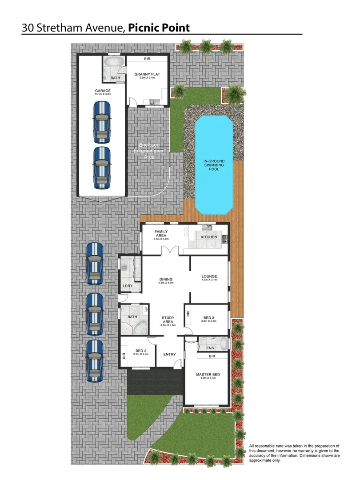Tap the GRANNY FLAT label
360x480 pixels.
pyautogui.click(x=147, y=74)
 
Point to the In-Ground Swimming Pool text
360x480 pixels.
pyautogui.click(x=213, y=165)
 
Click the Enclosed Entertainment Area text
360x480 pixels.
pyautogui.click(x=152, y=151)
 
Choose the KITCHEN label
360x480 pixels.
pyautogui.click(x=209, y=237)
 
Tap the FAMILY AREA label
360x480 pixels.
pyautogui.click(x=160, y=232)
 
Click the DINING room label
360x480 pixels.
pyautogui.click(x=166, y=280)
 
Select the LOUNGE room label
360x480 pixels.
pyautogui.click(x=209, y=276)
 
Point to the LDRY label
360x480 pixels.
pyautogui.click(x=128, y=286)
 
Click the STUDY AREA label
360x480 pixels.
pyautogui.click(x=168, y=319)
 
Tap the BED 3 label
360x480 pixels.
pyautogui.click(x=209, y=318)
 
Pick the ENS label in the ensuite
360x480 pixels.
pyautogui.click(x=211, y=348)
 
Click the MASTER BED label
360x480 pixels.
pyautogui.click(x=208, y=374)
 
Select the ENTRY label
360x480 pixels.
pyautogui.click(x=169, y=354)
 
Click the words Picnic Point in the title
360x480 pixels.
pyautogui.click(x=159, y=28)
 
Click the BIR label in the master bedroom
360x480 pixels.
pyautogui.click(x=212, y=356)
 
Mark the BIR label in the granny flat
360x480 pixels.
pyautogui.click(x=147, y=59)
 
